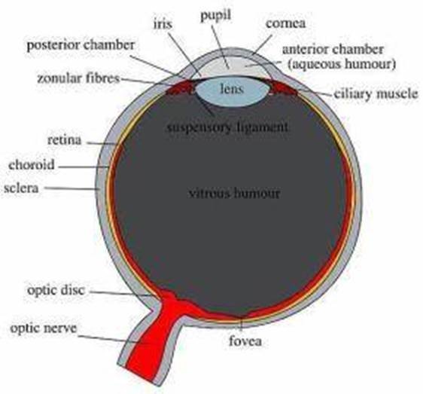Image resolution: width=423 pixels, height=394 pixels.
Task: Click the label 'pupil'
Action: [216, 16]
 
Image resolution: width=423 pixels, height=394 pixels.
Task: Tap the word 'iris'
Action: [163, 24]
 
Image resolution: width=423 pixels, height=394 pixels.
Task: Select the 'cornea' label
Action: [286, 23]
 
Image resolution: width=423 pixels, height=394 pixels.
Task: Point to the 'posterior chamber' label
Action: [81, 45]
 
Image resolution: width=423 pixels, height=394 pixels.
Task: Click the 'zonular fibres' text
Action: [78, 78]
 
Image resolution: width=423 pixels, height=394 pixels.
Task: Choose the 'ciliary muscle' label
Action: [376, 93]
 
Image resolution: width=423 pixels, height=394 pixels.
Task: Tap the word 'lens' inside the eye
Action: [232, 89]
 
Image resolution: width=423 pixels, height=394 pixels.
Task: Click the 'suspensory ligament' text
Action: [227, 127]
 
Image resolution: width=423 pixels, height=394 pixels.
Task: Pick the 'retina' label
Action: [64, 140]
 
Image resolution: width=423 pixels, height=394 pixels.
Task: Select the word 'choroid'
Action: [32, 164]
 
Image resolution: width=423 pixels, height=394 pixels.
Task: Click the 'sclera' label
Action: [21, 188]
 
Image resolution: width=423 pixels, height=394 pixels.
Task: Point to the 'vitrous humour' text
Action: [234, 193]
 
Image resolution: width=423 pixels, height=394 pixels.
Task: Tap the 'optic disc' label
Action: [56, 290]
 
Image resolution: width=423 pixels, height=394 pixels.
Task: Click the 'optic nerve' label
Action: [43, 328]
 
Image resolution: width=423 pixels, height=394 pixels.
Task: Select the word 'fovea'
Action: [245, 341]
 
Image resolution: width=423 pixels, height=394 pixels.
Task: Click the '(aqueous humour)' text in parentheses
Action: [342, 64]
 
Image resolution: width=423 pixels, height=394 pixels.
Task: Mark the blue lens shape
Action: [232, 91]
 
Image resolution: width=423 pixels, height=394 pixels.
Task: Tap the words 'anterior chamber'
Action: [333, 50]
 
